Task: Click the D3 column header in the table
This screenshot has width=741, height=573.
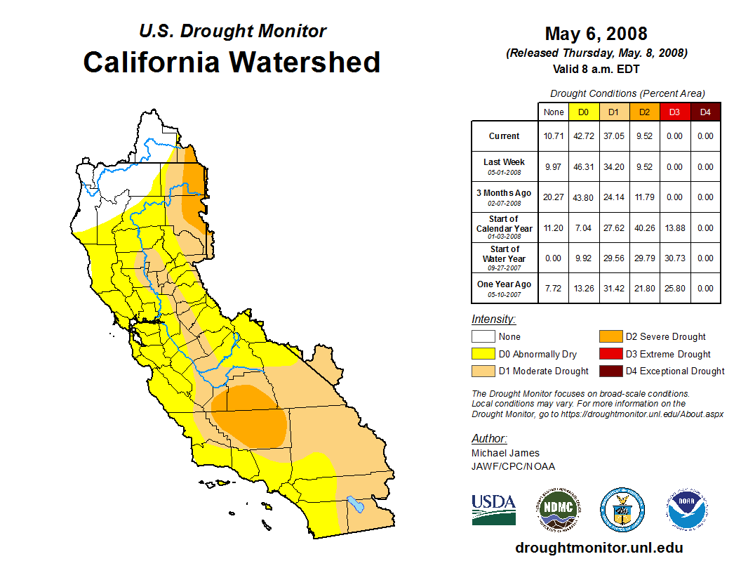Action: click(x=674, y=112)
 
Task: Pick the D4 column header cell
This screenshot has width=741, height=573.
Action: click(x=705, y=112)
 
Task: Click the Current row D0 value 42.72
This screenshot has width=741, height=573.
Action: click(x=584, y=136)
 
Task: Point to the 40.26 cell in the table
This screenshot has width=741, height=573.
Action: click(x=644, y=228)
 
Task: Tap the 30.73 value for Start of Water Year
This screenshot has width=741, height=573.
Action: click(x=674, y=258)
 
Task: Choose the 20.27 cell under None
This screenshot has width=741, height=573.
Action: click(x=553, y=197)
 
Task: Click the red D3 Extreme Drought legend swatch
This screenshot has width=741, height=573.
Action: click(x=609, y=354)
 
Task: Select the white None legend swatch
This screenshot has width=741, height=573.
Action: click(x=482, y=337)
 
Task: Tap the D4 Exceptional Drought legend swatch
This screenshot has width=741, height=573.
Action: click(x=609, y=371)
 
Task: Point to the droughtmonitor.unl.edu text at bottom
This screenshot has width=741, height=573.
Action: click(x=599, y=548)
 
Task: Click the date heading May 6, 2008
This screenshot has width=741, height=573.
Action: click(x=596, y=34)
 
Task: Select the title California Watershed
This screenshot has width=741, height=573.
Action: click(x=232, y=62)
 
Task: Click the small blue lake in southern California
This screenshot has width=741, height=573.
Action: click(x=356, y=504)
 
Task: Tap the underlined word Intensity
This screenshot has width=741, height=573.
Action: click(x=493, y=320)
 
